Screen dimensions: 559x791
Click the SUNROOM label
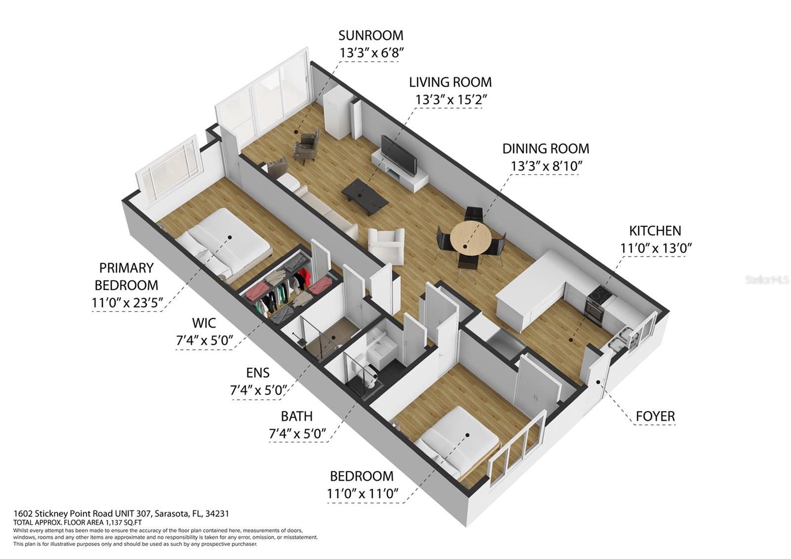click(370, 35)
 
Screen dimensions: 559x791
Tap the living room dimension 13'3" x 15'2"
click(451, 99)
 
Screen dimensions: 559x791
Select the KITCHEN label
click(655, 231)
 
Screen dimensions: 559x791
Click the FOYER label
click(655, 417)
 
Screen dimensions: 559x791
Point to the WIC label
click(204, 323)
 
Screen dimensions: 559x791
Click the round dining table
click(470, 237)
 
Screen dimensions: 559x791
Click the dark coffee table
click(365, 196)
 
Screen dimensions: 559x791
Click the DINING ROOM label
click(545, 148)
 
